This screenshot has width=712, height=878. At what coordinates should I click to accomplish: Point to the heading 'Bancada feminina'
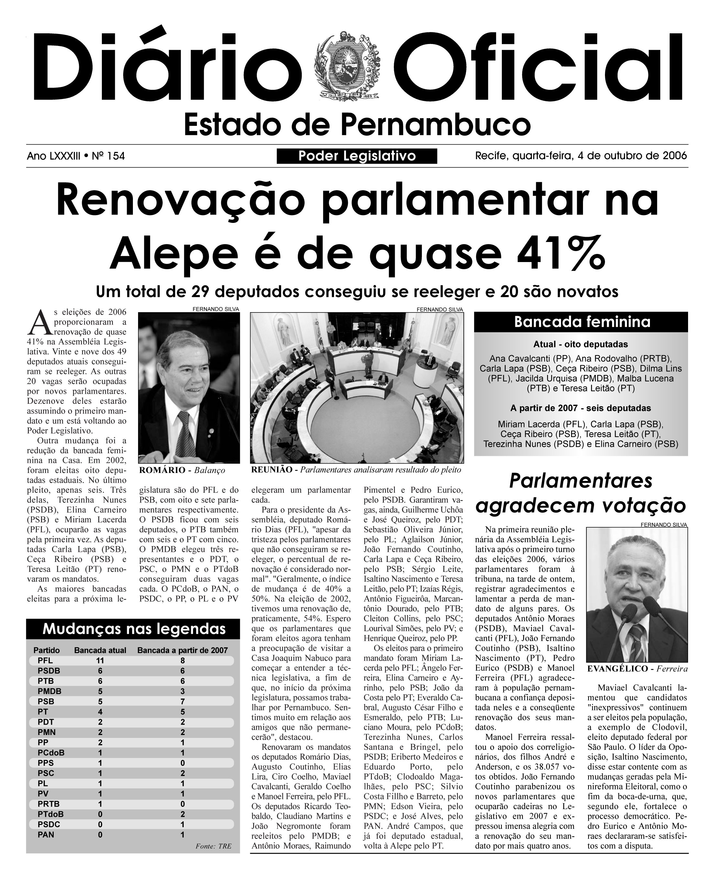[x=582, y=322]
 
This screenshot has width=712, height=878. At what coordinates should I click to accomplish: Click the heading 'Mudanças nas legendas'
[x=134, y=629]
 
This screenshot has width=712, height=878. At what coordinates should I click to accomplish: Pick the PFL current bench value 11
[x=100, y=661]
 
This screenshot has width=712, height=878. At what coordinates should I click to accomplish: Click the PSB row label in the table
[x=46, y=702]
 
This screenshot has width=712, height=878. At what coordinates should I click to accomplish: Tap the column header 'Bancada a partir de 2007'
[x=182, y=650]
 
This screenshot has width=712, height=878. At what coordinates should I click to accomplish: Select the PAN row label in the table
[x=46, y=835]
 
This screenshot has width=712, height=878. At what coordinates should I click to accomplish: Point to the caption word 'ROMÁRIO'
[x=162, y=470]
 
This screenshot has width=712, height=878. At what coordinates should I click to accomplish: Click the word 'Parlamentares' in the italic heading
[x=580, y=481]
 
